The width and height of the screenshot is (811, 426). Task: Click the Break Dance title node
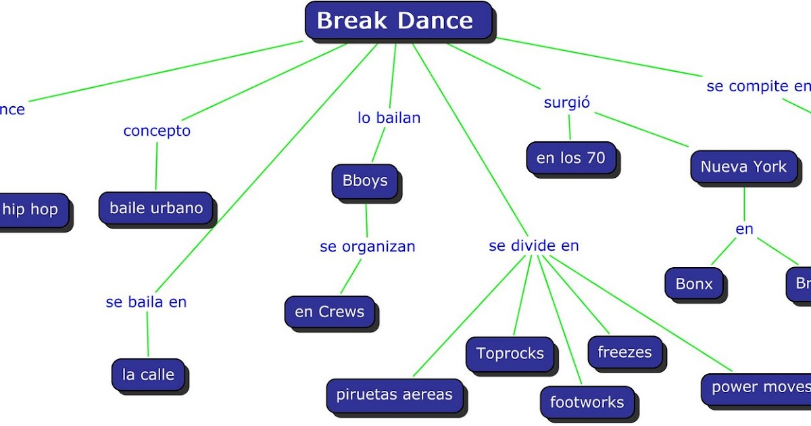tap(397, 20)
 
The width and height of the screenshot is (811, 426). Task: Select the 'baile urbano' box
tap(156, 208)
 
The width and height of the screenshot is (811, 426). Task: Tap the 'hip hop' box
tap(31, 210)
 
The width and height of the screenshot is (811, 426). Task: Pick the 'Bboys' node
tap(365, 181)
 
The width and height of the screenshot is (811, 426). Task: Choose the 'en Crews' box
tap(329, 312)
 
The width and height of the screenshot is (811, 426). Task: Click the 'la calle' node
tap(148, 375)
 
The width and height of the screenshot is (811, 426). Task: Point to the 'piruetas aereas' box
tap(395, 395)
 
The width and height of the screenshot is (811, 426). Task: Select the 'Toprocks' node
tap(510, 353)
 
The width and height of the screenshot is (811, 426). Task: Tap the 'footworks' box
tap(587, 403)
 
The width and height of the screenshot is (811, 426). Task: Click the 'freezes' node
tap(624, 352)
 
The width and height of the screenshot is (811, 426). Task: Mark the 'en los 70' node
tap(570, 159)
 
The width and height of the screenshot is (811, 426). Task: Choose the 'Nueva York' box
tap(743, 167)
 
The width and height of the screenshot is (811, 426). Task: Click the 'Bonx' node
tap(693, 284)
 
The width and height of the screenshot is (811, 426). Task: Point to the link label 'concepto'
tap(157, 131)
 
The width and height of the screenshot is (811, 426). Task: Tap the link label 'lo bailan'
tap(389, 118)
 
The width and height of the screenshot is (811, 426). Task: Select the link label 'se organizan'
tap(368, 247)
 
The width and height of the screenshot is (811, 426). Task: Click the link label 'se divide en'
tap(534, 246)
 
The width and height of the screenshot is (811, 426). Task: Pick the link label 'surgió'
tap(567, 103)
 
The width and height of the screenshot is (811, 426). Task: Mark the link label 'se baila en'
tap(146, 302)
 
